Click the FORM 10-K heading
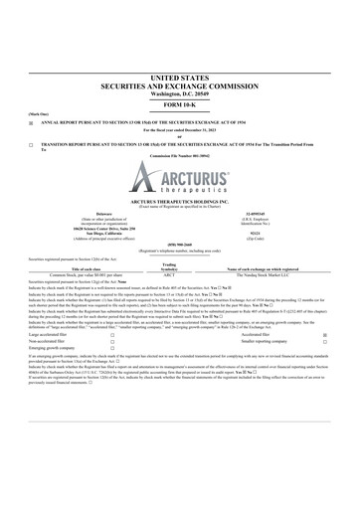179,103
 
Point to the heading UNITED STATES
179,76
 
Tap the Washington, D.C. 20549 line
179,92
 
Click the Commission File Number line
179,157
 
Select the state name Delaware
76,212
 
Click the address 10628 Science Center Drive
76,229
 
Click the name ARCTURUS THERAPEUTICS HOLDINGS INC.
179,202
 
